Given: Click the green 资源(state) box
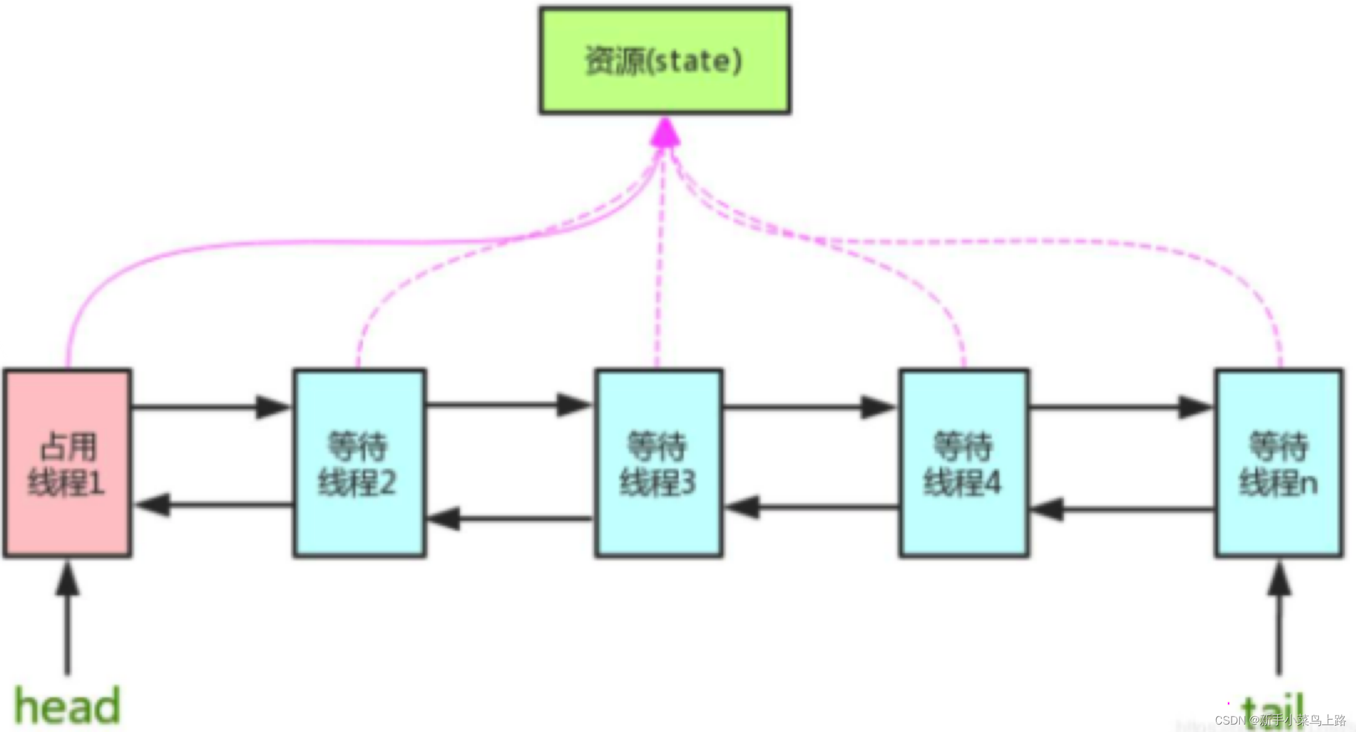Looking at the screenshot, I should (664, 60).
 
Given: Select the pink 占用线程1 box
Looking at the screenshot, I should (67, 463).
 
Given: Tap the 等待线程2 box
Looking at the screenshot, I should (359, 463).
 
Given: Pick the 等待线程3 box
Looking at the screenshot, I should (659, 463).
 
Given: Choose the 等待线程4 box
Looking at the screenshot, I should (963, 463).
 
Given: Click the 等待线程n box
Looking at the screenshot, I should (1279, 463).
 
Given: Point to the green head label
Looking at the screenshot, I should (67, 705).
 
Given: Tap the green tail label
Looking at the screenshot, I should (1271, 708).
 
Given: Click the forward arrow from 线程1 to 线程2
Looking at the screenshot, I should (211, 407).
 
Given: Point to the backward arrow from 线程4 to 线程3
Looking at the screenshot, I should (811, 506).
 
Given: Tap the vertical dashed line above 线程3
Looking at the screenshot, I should (660, 261).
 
